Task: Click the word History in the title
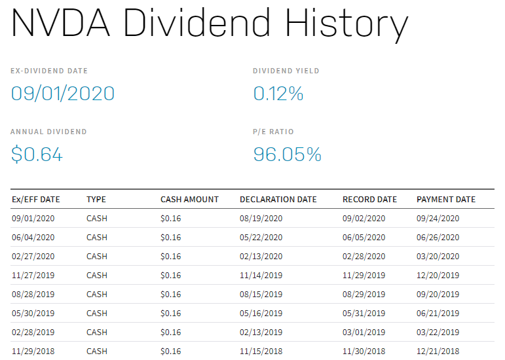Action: pos(346,24)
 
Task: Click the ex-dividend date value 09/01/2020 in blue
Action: pos(63,94)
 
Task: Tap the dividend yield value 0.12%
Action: pos(278,94)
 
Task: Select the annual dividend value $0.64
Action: pos(37,154)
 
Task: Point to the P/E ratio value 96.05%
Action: pos(288,154)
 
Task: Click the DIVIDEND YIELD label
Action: pos(286,71)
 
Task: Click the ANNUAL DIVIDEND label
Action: pos(48,132)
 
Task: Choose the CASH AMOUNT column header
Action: pos(189,200)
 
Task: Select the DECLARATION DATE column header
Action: pos(278,200)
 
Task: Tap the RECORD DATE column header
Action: pos(369,200)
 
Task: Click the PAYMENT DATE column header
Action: pos(446,200)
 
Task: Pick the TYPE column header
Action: pos(96,200)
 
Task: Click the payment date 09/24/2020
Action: pos(438,219)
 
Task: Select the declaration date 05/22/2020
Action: pos(261,238)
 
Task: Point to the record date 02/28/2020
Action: pos(364,257)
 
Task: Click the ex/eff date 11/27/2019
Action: pos(33,276)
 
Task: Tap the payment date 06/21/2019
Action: pos(438,314)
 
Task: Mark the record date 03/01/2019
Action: pos(364,333)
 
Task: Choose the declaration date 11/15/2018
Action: pos(261,351)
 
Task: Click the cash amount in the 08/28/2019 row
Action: pos(171,295)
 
